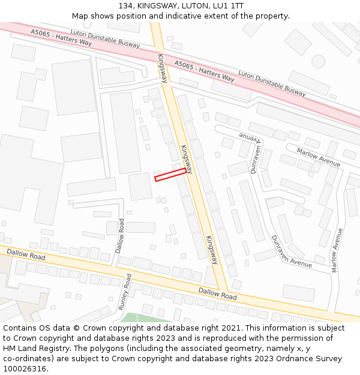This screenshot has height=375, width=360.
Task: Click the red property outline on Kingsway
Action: pos(170,174)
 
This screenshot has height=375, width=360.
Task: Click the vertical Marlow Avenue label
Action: pos(337,250)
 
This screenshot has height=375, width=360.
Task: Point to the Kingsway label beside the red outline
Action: pos(187,159)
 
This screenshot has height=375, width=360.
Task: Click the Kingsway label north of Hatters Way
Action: pos(163,68)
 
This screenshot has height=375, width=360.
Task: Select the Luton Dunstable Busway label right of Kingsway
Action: pos(272,83)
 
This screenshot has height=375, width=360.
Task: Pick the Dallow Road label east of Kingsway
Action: pos(218,293)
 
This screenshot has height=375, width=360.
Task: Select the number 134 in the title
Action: pos(125,6)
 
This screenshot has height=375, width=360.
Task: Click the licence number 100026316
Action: pos(25,369)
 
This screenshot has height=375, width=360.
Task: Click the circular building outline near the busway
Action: pos(318,61)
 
